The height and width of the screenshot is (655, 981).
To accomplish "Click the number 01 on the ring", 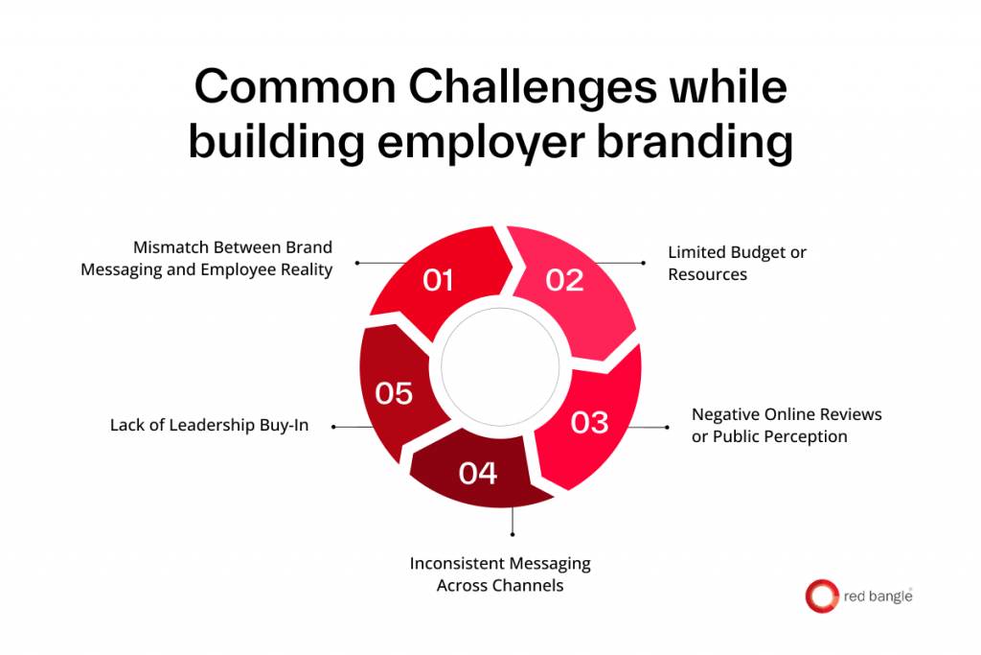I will click(x=438, y=280).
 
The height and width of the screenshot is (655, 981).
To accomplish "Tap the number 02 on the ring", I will click(x=565, y=280).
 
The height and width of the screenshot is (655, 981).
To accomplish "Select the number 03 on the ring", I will click(x=590, y=422).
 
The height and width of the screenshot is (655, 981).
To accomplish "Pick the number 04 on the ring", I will click(x=478, y=473).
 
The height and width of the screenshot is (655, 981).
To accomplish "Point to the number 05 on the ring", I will click(x=394, y=394).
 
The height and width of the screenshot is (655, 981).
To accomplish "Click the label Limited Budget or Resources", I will click(x=737, y=263).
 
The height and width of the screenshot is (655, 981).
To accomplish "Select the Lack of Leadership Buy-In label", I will click(x=209, y=425).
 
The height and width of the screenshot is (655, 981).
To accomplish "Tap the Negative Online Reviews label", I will click(x=787, y=425).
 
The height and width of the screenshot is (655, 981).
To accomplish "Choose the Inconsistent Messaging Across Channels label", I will click(x=500, y=573).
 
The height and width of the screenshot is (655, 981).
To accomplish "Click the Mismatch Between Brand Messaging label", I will click(x=206, y=259).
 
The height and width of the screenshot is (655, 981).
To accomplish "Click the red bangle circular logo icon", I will click(x=821, y=596).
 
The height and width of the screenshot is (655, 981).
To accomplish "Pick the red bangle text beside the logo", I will click(x=876, y=596).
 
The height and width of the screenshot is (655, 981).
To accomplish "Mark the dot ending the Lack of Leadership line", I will click(x=333, y=426).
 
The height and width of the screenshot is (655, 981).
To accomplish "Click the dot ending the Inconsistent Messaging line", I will click(x=513, y=534).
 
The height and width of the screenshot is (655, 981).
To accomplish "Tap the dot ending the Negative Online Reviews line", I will click(x=667, y=427).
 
